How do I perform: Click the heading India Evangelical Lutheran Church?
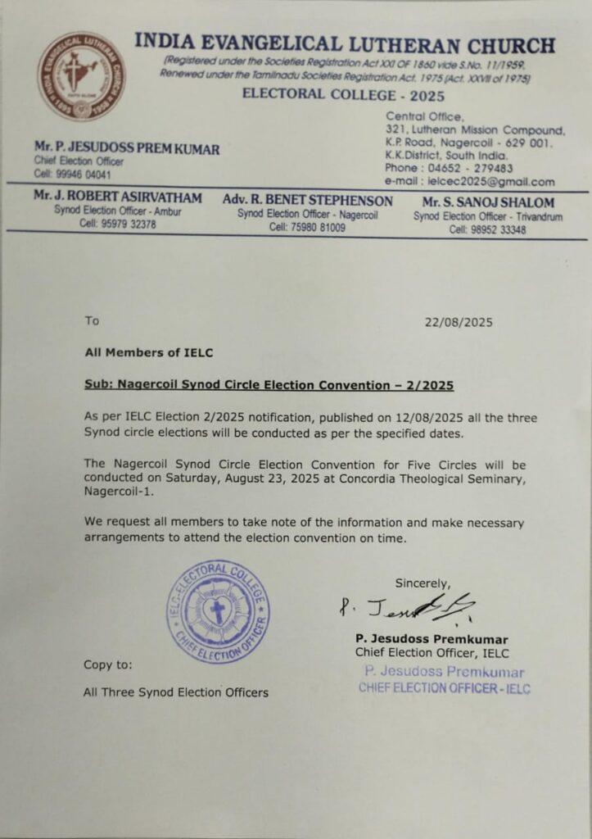pos(344,44)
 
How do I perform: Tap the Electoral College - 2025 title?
pos(343,94)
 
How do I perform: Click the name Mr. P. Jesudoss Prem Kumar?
pos(127,148)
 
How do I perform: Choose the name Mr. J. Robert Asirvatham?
pos(117,199)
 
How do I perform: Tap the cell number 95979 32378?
pos(118,224)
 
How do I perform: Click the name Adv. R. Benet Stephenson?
pos(307,201)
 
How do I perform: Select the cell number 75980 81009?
pos(307,228)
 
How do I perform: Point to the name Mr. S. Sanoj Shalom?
pos(488,202)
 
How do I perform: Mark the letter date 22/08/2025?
pos(459,322)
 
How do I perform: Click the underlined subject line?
pos(269,384)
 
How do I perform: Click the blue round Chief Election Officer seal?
pos(218,611)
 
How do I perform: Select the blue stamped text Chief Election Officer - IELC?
pos(444,688)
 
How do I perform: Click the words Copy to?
pos(107,664)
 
